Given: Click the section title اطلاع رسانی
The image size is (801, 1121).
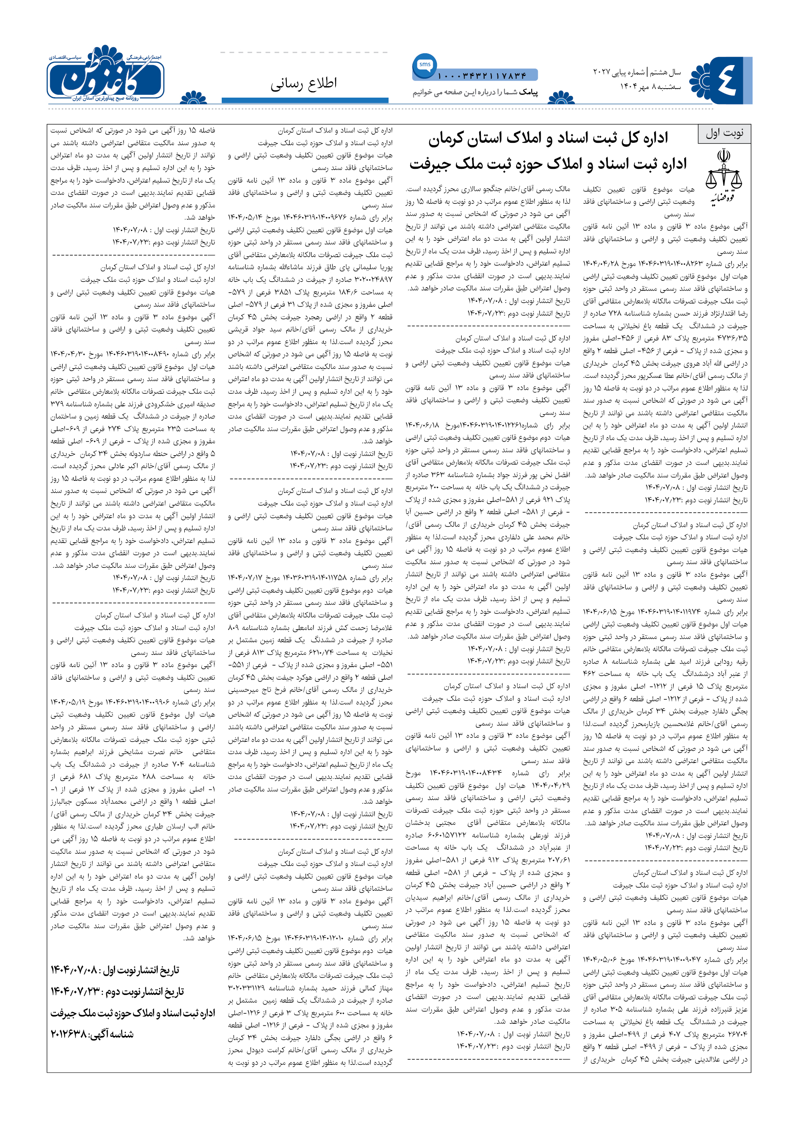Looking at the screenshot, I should (303, 83).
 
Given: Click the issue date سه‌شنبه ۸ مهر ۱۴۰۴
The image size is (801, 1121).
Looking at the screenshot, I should (650, 87).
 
